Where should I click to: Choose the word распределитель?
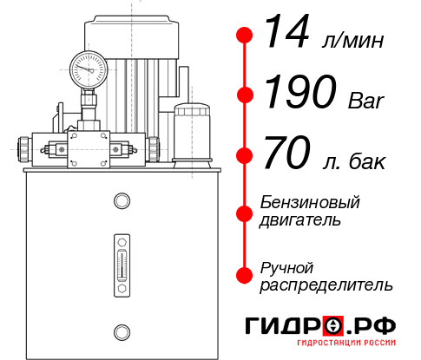tap(326, 285)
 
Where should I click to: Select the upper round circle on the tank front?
tap(121, 202)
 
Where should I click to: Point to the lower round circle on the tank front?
tap(121, 331)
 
